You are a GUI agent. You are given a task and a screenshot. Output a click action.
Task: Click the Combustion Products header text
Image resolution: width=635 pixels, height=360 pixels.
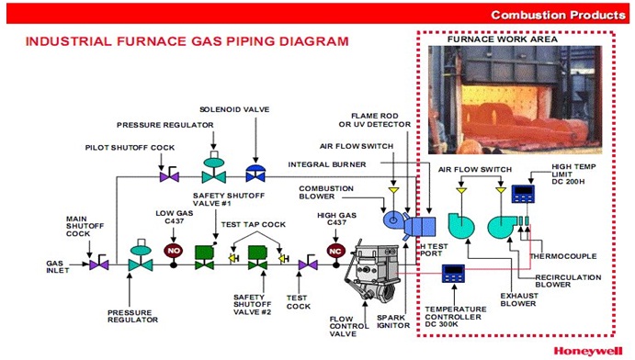[x=558, y=15]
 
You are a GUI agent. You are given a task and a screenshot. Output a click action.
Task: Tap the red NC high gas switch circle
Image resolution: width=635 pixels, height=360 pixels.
[x=335, y=249]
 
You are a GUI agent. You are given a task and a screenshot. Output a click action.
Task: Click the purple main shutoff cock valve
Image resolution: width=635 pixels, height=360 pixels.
[x=98, y=264]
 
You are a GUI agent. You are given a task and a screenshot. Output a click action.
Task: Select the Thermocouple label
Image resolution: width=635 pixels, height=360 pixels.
[x=575, y=257]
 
